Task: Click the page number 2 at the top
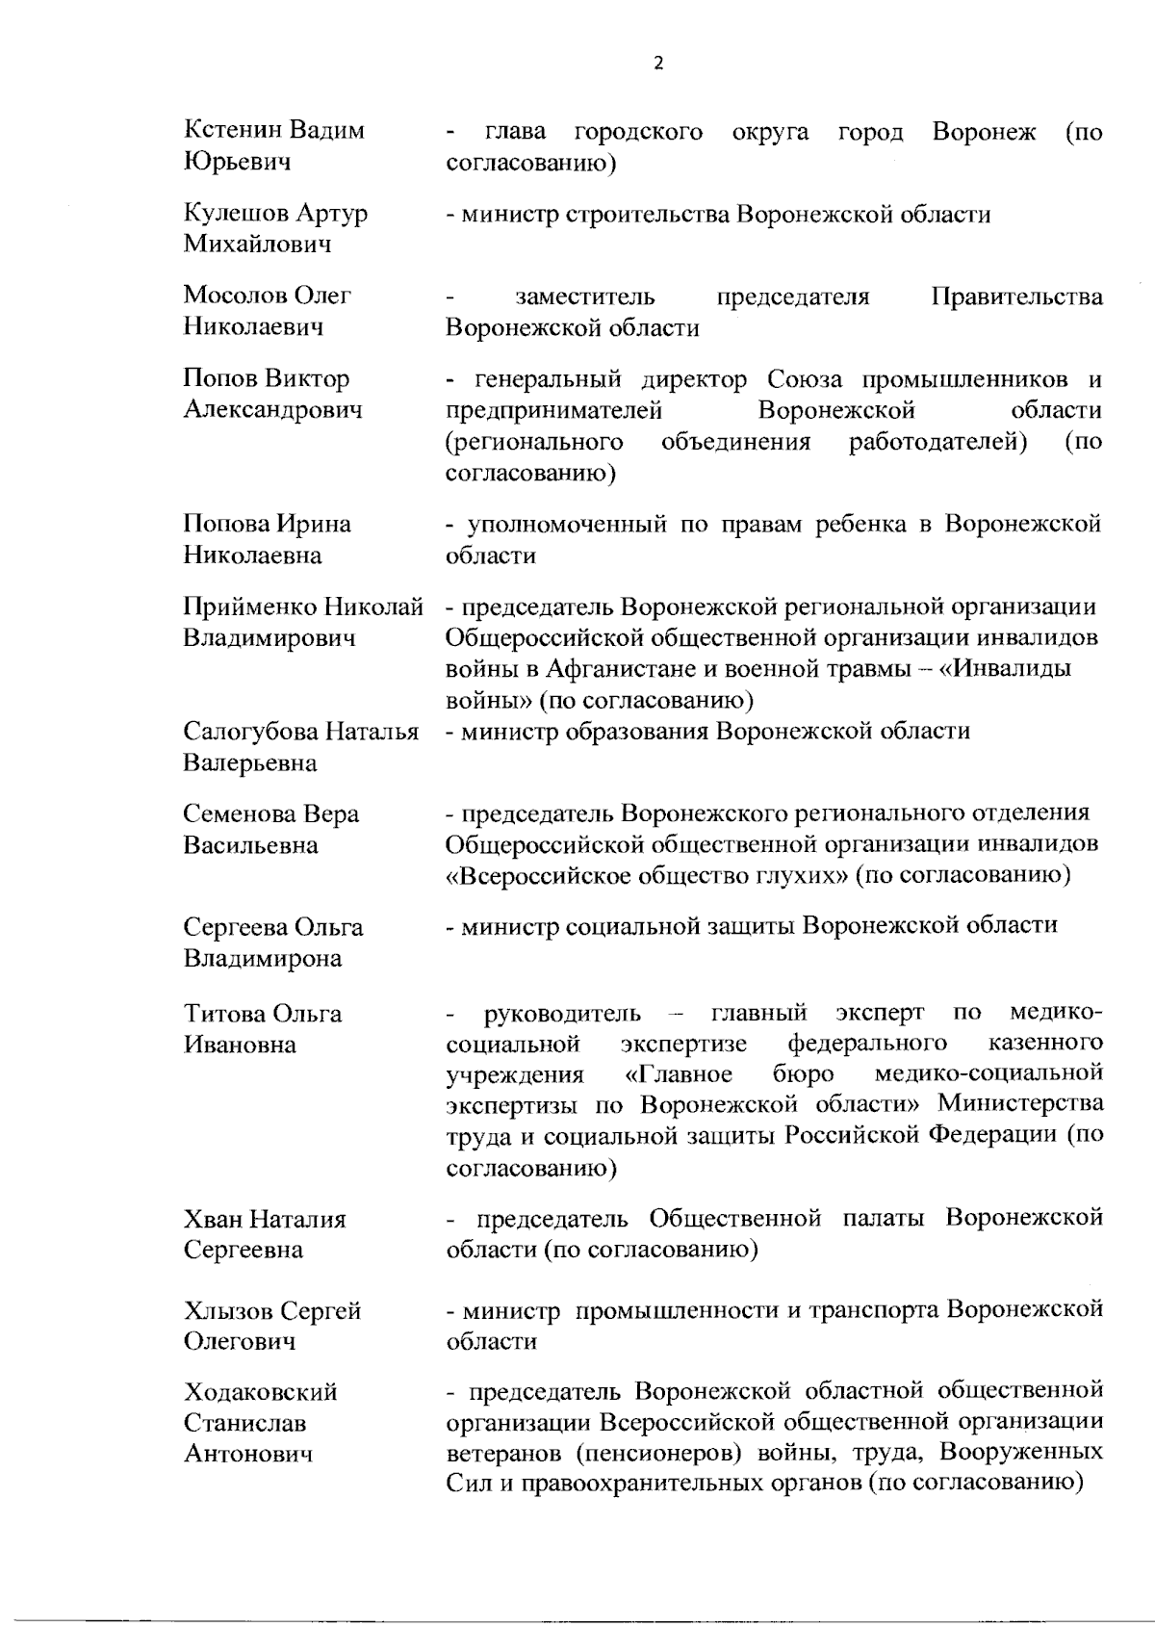tap(658, 65)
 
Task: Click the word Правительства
tap(1017, 297)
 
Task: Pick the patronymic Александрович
tap(273, 410)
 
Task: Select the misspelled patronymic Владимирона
tap(262, 959)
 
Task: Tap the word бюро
tap(803, 1073)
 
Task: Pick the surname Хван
tap(213, 1220)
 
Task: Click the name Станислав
tap(245, 1423)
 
